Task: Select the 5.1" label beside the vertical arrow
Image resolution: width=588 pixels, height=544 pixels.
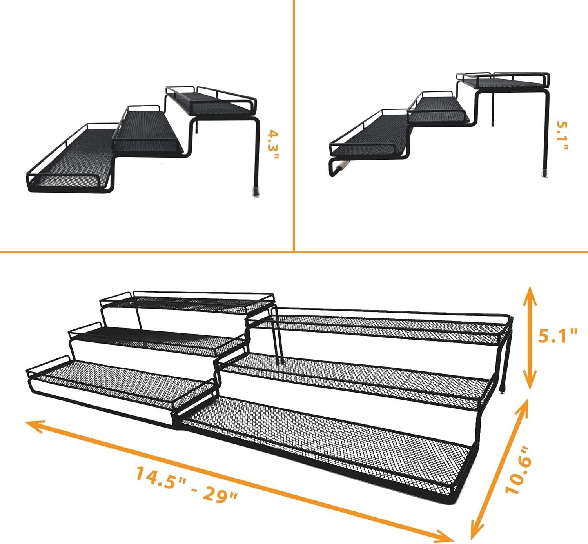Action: point(557,336)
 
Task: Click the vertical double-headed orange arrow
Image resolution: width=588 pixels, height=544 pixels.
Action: point(530,336)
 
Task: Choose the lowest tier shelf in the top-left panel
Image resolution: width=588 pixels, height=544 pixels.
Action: point(71,161)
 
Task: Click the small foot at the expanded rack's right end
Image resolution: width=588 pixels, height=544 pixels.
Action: point(503,389)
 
